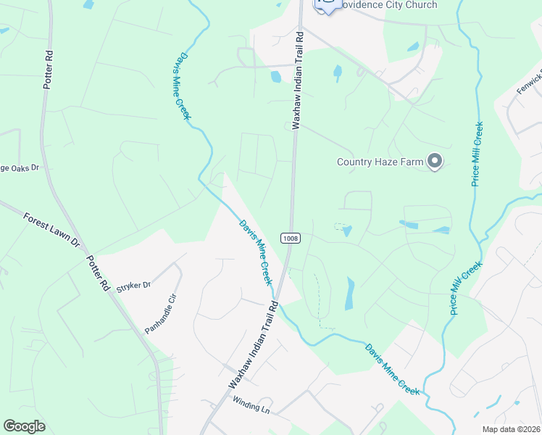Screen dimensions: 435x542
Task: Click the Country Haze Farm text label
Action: click(x=379, y=162)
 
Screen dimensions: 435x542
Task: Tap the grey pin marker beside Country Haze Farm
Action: click(x=435, y=161)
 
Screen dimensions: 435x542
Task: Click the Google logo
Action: click(x=25, y=426)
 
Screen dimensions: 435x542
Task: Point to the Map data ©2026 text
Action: click(x=510, y=429)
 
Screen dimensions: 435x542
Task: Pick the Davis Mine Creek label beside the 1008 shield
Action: click(x=256, y=252)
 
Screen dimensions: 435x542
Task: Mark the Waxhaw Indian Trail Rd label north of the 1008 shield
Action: click(x=296, y=80)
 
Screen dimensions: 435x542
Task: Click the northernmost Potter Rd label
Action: click(x=49, y=70)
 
